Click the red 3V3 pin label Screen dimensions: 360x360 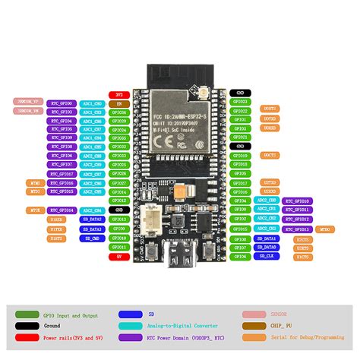point(118,93)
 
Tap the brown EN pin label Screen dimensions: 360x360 point(118,103)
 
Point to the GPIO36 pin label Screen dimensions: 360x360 point(118,112)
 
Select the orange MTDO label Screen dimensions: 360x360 point(324,229)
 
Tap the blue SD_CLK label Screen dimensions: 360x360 point(267,257)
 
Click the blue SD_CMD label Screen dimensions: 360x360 point(91,238)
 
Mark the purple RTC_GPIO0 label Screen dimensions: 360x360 point(62,103)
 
